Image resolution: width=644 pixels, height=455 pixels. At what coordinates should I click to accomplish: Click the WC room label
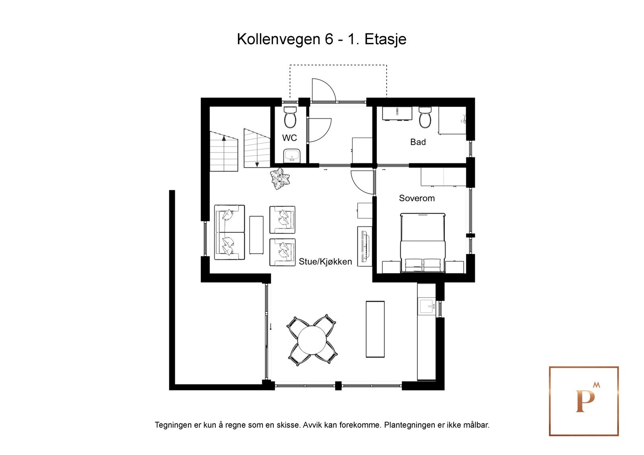click(289, 138)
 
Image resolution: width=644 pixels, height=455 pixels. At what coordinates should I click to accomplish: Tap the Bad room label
click(418, 142)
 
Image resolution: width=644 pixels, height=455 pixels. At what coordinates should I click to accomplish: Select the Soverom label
click(417, 198)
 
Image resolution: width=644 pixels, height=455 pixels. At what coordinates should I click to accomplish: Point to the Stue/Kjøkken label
click(325, 261)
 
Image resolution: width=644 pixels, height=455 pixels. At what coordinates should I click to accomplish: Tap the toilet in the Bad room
click(425, 117)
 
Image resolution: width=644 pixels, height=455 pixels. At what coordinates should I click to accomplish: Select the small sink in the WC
click(291, 155)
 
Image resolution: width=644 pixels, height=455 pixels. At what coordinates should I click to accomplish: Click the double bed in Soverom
click(423, 243)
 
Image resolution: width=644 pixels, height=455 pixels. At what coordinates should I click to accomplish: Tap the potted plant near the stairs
click(280, 179)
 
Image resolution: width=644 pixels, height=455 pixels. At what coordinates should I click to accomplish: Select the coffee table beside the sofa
click(256, 235)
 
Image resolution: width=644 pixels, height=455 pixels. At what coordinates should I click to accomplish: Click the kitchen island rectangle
click(375, 329)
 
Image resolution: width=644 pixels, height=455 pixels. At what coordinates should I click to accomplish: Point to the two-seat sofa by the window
click(229, 232)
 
